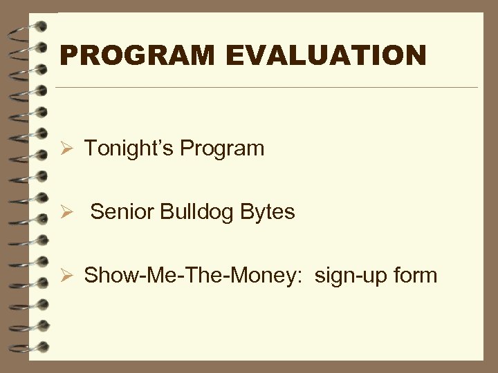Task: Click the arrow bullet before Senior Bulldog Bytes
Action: (x=68, y=213)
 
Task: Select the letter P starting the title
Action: (x=68, y=55)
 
